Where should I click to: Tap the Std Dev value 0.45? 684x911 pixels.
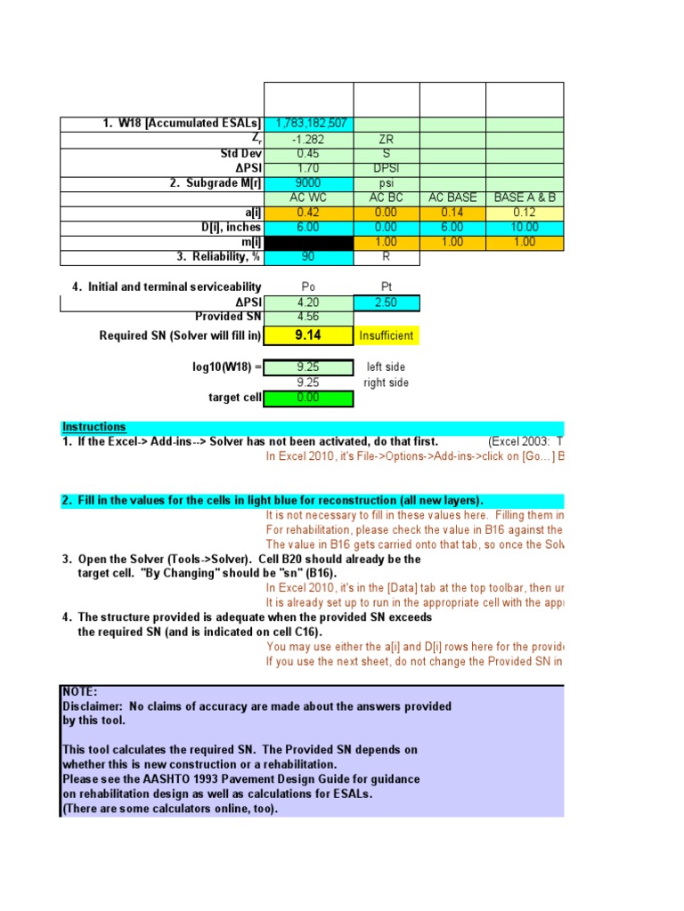click(x=309, y=153)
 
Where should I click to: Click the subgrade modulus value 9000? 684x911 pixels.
click(x=309, y=182)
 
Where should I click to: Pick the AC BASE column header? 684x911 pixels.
click(x=452, y=198)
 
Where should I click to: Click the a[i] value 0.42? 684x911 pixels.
click(x=309, y=212)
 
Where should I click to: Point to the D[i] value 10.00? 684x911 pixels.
click(x=525, y=227)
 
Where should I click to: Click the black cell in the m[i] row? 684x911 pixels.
click(x=309, y=242)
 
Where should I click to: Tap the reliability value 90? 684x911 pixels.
click(x=309, y=256)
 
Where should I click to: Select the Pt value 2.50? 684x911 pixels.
click(x=387, y=303)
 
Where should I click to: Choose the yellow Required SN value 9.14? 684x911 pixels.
click(x=309, y=335)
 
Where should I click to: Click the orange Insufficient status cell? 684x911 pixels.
click(x=387, y=336)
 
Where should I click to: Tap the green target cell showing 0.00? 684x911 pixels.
click(x=309, y=398)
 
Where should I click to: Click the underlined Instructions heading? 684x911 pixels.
click(x=94, y=427)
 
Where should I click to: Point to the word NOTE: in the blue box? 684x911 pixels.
click(x=80, y=691)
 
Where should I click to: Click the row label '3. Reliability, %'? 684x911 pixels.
click(x=211, y=257)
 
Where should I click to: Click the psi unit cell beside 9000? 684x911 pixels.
click(x=387, y=183)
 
